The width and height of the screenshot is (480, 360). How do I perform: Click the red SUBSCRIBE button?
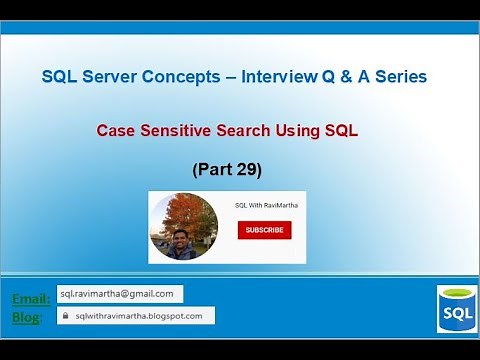[x=264, y=229]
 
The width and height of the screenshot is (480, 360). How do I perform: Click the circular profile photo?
[x=184, y=226]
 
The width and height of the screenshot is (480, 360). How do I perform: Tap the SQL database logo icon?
[x=456, y=308]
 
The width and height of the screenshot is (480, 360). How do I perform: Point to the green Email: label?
[x=31, y=298]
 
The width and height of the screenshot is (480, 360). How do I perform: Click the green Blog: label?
[x=28, y=317]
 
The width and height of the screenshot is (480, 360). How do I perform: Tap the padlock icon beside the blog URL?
[x=65, y=316]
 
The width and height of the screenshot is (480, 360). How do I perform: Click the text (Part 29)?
[x=226, y=170]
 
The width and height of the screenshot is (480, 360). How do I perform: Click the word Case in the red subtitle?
[x=114, y=130]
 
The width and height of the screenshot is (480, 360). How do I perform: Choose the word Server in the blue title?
[x=113, y=76]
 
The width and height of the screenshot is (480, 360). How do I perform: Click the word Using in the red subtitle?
[x=297, y=130]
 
